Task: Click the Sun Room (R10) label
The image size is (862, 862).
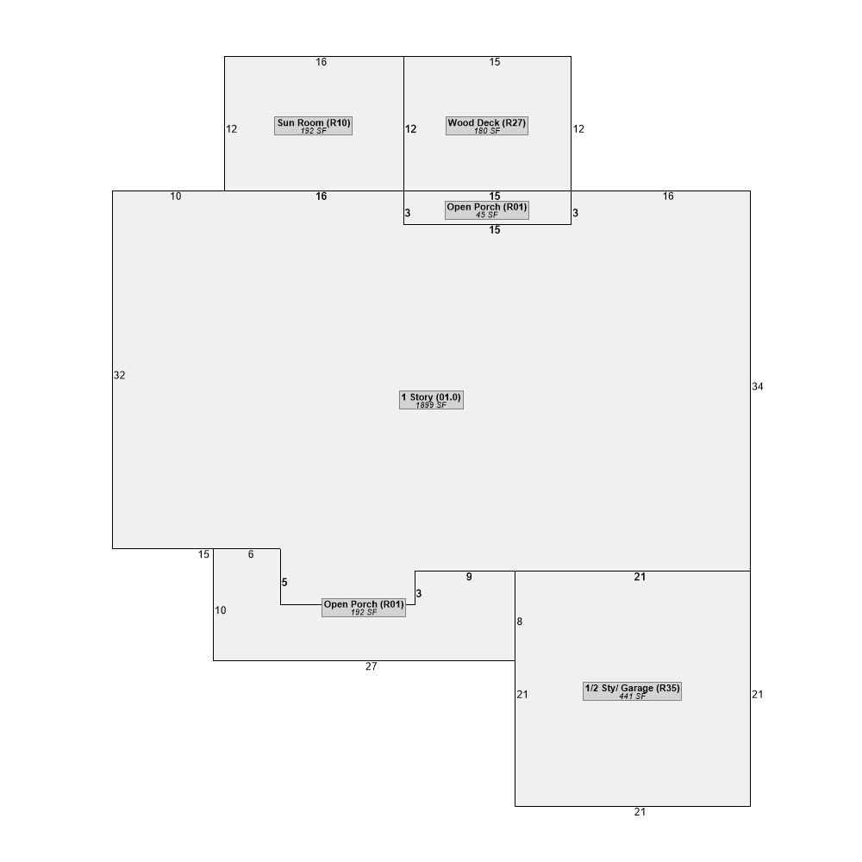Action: [x=314, y=126]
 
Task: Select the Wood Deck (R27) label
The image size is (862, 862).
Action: [x=486, y=126]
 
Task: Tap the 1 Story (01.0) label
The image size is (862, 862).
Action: [x=431, y=400]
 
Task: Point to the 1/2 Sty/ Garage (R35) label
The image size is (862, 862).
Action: [x=632, y=691]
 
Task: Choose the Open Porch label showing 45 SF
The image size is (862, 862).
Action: [x=486, y=210]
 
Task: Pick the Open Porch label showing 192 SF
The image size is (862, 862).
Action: [x=364, y=608]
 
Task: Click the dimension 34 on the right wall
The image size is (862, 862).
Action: [x=758, y=386]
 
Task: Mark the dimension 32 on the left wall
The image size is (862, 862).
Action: [x=119, y=375]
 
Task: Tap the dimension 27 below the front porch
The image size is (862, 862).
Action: [x=371, y=666]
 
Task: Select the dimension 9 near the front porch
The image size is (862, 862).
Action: [x=469, y=577]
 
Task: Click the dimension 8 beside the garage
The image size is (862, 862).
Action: [x=520, y=622]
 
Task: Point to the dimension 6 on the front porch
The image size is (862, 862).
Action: [x=251, y=554]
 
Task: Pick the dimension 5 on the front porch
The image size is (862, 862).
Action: [x=284, y=582]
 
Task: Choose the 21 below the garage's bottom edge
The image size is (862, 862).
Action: [x=640, y=812]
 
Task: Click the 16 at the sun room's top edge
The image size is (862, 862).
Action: [x=321, y=62]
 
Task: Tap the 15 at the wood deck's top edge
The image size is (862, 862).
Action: [x=495, y=62]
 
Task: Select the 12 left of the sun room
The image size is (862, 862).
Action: [x=231, y=128]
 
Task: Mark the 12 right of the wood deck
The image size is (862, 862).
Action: [x=578, y=128]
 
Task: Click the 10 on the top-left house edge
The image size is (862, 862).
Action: [x=175, y=197]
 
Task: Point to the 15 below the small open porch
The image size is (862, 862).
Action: [x=495, y=230]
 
